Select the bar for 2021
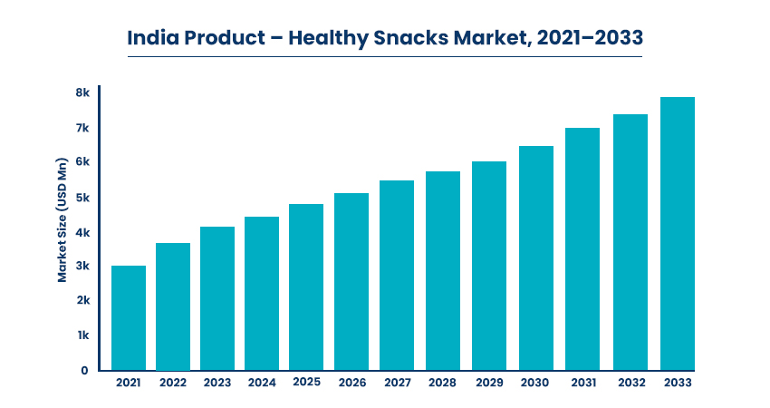[129, 318]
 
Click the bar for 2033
[678, 234]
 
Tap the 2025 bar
[306, 287]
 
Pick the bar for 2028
[443, 271]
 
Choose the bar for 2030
[536, 258]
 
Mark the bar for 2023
[217, 299]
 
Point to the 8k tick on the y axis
[82, 92]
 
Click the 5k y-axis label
[82, 198]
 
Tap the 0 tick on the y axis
[84, 371]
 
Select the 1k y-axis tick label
[83, 335]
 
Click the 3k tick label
[82, 266]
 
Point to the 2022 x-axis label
[173, 383]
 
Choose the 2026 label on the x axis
[352, 383]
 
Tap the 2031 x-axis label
[583, 383]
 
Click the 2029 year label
[489, 383]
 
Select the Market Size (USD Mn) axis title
[62, 220]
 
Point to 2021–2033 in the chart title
[590, 38]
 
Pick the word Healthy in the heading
[329, 38]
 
